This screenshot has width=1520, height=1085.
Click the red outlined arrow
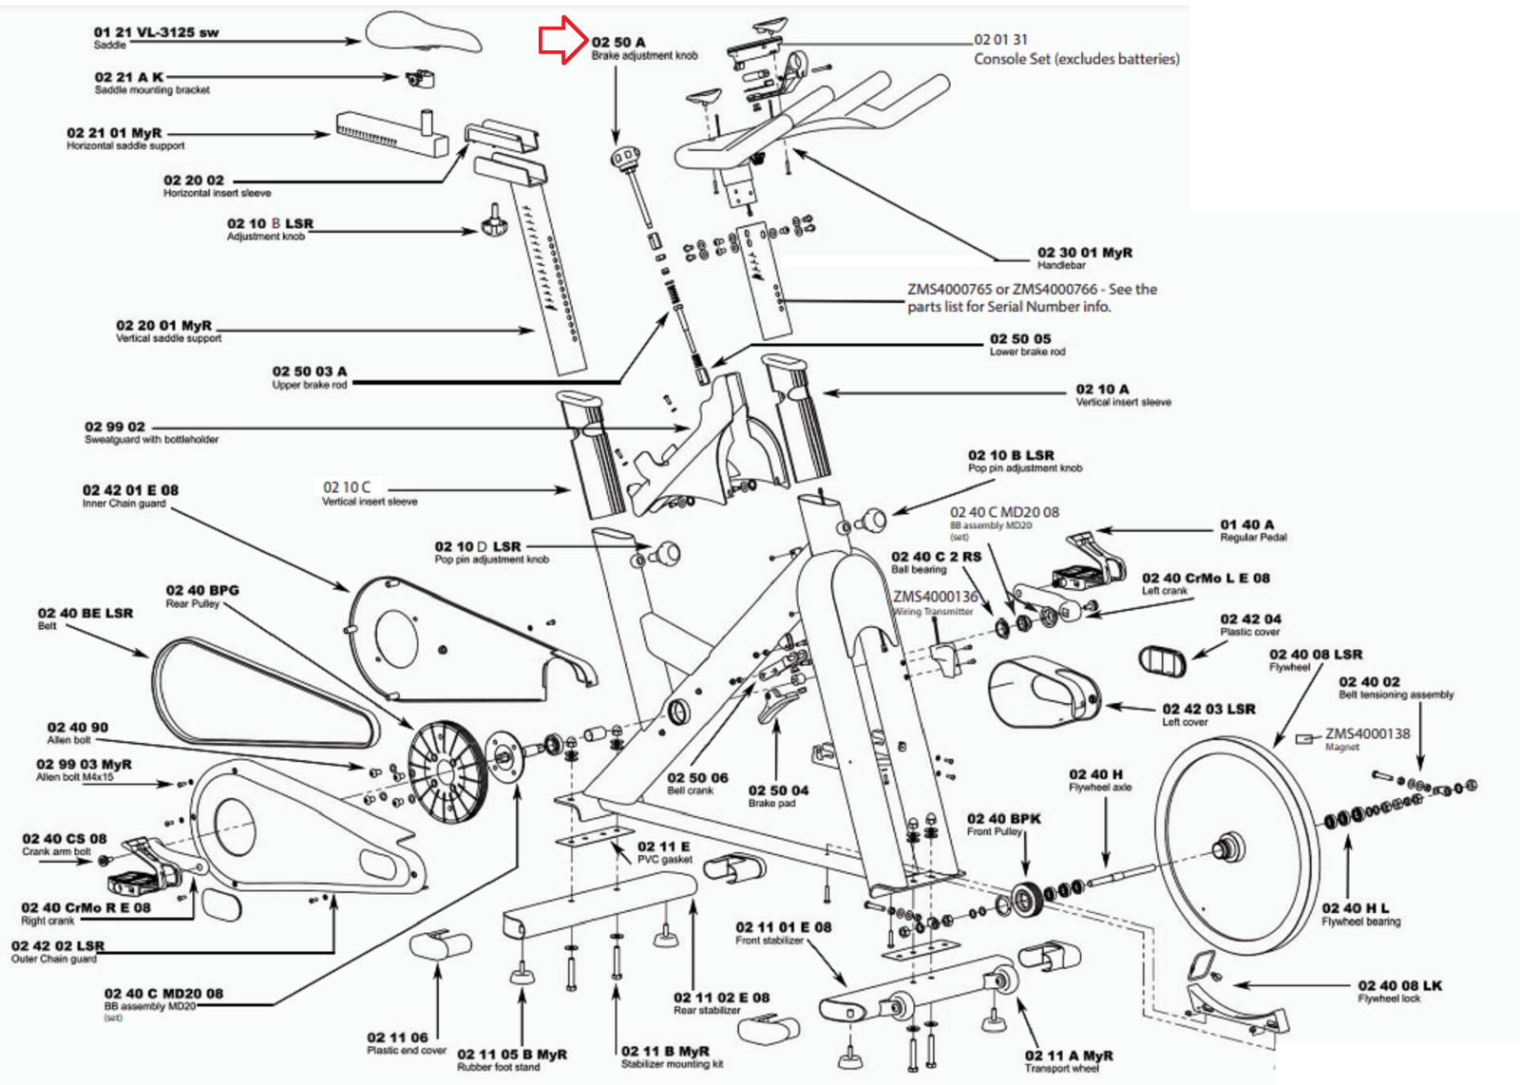[x=563, y=40]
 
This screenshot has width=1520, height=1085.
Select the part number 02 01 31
[x=1000, y=40]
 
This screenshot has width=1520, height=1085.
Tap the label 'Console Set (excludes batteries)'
[x=1076, y=59]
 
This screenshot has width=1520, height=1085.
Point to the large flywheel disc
[x=1225, y=846]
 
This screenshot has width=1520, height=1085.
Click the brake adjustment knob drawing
[x=625, y=159]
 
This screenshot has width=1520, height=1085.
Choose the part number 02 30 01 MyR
[x=1084, y=253]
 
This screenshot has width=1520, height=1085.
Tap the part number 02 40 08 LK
[x=1399, y=986]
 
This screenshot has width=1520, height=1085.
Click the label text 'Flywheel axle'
[x=1100, y=787]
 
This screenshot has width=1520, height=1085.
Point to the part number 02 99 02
[x=115, y=427]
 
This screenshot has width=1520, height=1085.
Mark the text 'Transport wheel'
[x=1061, y=1069]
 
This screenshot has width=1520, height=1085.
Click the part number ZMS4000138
[x=1367, y=733]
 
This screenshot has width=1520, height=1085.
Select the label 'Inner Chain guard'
[x=123, y=504]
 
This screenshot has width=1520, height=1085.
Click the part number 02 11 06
[x=397, y=1037]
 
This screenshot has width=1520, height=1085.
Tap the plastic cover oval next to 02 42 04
[x=1162, y=661]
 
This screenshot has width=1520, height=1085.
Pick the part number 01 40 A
[x=1246, y=524]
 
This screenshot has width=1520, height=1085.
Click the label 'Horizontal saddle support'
[x=125, y=146]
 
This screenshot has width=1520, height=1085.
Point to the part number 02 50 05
[x=1020, y=339]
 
